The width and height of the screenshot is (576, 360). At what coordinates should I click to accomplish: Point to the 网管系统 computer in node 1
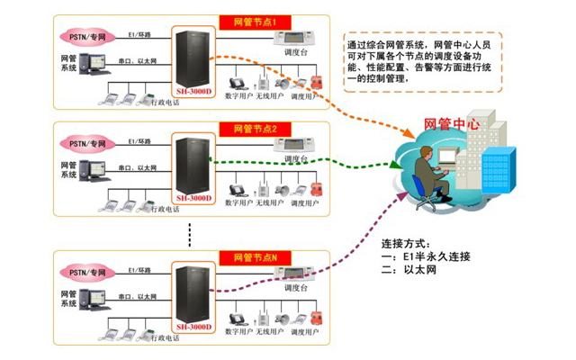94,67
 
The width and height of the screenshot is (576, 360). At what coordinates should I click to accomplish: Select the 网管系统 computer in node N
94,301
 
